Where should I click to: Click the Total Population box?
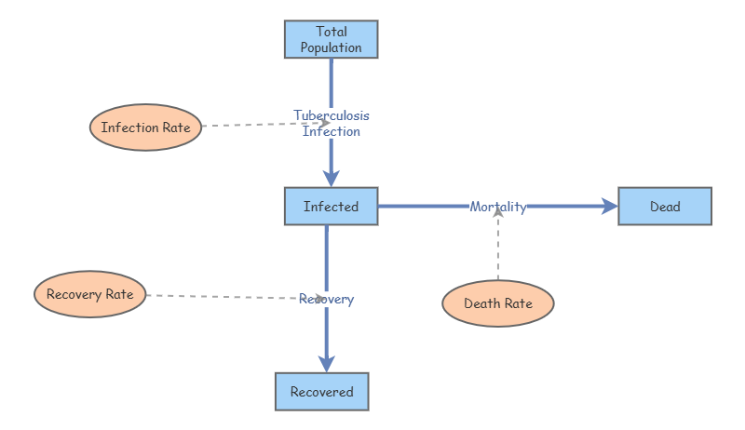(331, 39)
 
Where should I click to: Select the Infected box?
(331, 207)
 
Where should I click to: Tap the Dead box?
(665, 207)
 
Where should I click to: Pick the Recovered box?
(321, 392)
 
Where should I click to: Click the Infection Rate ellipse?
(145, 128)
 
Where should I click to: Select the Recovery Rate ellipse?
(89, 295)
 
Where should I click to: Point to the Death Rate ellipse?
(498, 303)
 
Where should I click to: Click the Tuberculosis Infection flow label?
(332, 123)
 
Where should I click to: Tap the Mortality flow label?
(498, 207)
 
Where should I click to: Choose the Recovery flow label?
(326, 299)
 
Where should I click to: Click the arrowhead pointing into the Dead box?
(610, 207)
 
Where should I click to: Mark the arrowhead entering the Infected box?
(331, 178)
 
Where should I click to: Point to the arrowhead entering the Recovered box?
(326, 363)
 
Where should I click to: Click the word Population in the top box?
(331, 47)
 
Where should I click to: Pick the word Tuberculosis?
(332, 115)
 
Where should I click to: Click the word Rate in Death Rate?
(519, 303)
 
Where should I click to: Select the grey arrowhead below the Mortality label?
(498, 213)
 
